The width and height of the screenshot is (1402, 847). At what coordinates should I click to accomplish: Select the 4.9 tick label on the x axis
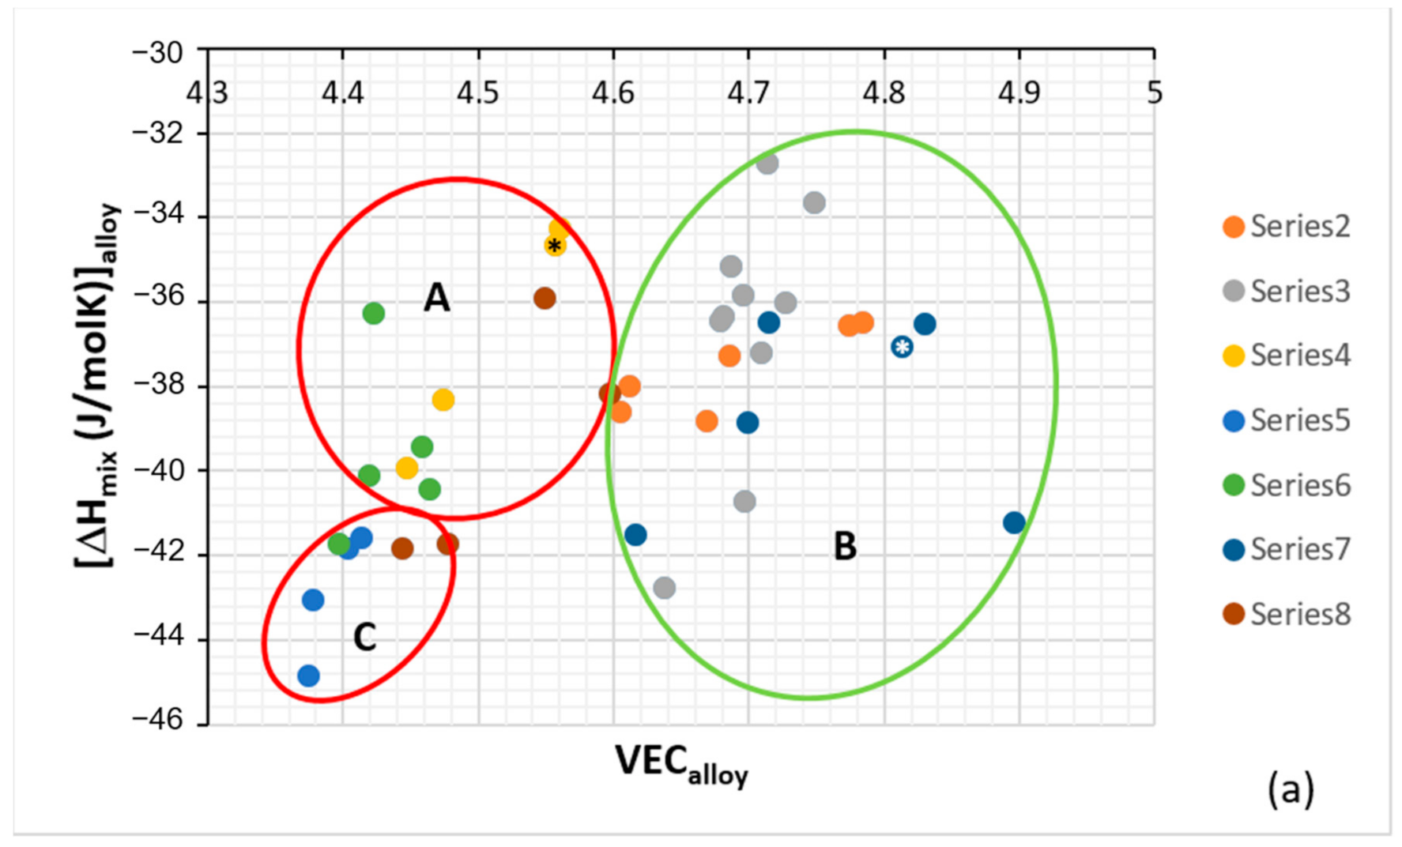1019,93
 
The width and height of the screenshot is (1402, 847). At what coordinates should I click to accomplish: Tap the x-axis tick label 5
1155,93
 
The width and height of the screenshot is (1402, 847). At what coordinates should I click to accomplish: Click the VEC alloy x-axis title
681,765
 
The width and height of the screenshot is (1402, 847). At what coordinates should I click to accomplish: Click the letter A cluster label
436,298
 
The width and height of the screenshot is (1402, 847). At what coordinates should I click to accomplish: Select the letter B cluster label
845,546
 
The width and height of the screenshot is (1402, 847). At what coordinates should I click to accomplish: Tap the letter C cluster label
364,637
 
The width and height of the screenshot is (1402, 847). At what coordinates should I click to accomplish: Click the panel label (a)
1291,789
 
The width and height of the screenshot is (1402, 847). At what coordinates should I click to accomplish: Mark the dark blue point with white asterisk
902,346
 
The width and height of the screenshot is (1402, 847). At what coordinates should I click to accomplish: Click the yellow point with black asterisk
555,246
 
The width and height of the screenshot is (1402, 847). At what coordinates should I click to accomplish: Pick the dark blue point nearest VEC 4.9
1014,522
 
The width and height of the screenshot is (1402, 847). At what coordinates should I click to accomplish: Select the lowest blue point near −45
308,676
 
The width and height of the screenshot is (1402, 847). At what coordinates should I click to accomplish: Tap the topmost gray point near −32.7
767,164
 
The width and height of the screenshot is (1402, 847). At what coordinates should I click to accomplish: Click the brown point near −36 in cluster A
545,299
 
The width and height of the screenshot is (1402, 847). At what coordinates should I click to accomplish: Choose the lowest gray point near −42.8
664,588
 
